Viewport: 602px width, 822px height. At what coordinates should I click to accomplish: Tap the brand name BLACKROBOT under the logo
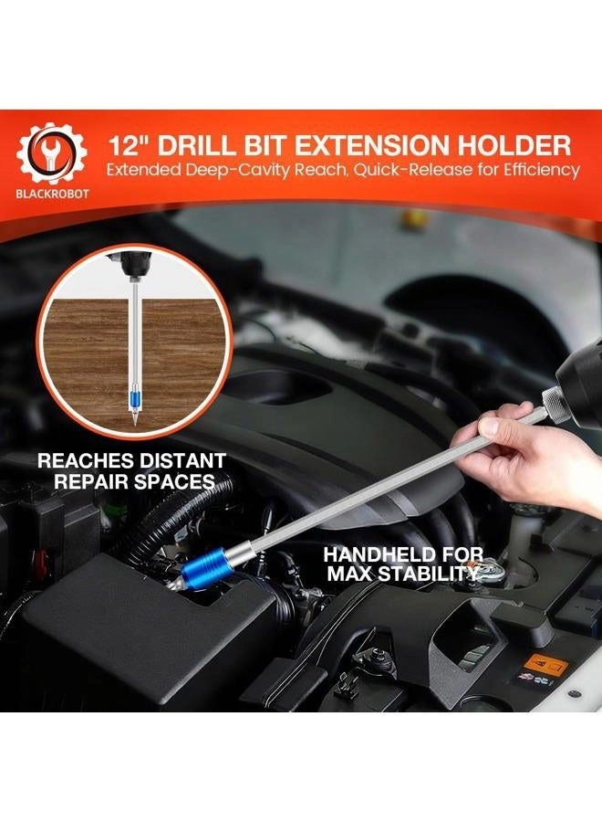pyautogui.click(x=52, y=194)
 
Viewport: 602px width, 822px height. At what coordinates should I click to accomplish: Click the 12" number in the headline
pyautogui.click(x=129, y=145)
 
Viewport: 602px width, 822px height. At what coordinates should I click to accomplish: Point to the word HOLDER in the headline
pyautogui.click(x=518, y=145)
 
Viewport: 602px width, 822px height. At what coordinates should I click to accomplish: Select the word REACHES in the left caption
pyautogui.click(x=86, y=461)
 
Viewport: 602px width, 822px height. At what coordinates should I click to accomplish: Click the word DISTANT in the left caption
pyautogui.click(x=182, y=461)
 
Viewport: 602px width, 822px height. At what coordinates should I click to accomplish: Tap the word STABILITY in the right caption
pyautogui.click(x=429, y=574)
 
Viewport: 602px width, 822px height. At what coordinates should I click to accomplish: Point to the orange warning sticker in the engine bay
pyautogui.click(x=545, y=666)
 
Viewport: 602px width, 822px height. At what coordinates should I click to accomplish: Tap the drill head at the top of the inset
pyautogui.click(x=130, y=264)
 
